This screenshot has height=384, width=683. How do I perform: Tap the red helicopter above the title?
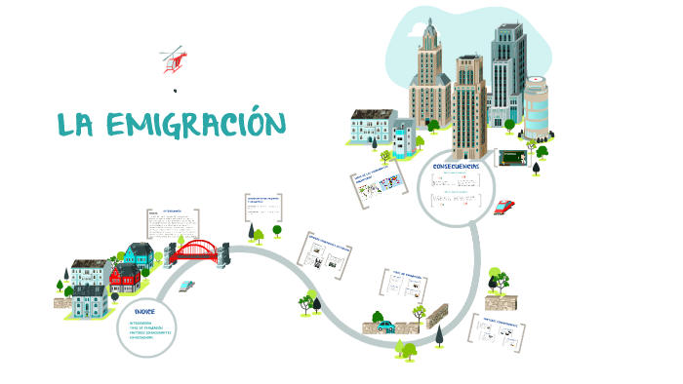[174, 58]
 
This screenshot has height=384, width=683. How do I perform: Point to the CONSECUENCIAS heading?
[456, 167]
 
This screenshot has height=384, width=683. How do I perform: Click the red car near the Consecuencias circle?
[504, 207]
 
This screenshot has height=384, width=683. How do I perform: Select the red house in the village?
[125, 278]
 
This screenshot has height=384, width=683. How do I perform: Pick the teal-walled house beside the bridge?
[137, 256]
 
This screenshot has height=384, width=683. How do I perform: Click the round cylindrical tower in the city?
[536, 108]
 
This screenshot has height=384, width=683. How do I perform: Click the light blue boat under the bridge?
[186, 285]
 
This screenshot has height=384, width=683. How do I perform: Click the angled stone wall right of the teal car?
[437, 316]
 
